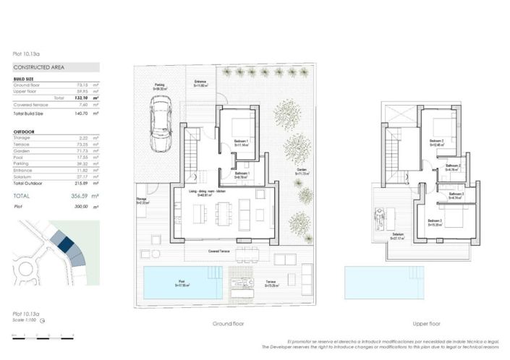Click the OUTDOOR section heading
(25, 131)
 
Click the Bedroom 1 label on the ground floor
(242, 142)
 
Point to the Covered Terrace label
(219, 252)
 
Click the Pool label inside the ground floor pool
(181, 283)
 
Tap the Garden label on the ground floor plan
(302, 172)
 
